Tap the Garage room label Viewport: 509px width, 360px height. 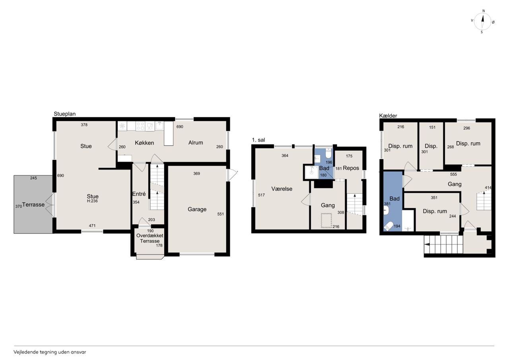click(x=197, y=209)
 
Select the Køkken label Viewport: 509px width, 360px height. click(x=144, y=143)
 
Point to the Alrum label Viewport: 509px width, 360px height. click(x=196, y=143)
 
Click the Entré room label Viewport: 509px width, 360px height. click(x=139, y=194)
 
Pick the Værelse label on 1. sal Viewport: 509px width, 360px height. click(x=282, y=189)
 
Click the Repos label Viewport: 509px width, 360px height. click(x=351, y=168)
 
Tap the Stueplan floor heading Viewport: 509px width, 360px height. click(x=64, y=114)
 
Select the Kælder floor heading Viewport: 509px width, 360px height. click(x=388, y=116)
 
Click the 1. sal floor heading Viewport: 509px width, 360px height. click(x=258, y=140)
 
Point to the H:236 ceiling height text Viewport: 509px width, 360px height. click(x=92, y=201)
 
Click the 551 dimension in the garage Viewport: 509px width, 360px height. click(x=220, y=214)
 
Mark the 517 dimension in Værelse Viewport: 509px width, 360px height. click(x=261, y=195)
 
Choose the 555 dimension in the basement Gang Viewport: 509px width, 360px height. click(x=453, y=174)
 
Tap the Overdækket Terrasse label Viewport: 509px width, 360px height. click(x=150, y=238)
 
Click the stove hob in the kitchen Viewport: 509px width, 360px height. click(x=140, y=126)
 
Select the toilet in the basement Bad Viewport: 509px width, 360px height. click(x=389, y=226)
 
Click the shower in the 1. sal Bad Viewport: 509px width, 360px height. click(x=311, y=172)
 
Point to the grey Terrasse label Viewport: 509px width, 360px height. click(x=33, y=204)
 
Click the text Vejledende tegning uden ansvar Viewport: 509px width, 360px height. click(x=50, y=352)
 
